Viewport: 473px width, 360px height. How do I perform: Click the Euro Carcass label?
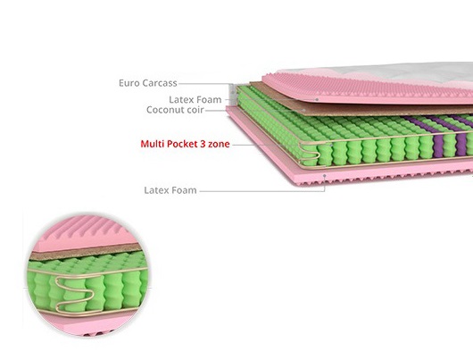pos(148,83)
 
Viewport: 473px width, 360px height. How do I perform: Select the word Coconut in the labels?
pos(165,110)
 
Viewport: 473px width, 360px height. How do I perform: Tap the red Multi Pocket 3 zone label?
pos(185,144)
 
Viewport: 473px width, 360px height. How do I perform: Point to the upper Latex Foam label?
pos(195,99)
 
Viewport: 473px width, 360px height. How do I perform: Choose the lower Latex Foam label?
pos(170,190)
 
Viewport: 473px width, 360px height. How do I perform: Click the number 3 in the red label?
pos(203,144)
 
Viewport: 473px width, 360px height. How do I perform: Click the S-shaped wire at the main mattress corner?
pos(309,154)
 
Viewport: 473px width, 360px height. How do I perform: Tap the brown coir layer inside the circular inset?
pos(86,252)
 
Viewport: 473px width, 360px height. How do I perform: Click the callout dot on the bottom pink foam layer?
pos(325,175)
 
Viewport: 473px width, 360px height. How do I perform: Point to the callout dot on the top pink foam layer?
pos(317,99)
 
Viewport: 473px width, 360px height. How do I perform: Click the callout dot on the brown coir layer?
pos(304,110)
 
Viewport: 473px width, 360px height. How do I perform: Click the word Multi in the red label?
pos(152,144)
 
